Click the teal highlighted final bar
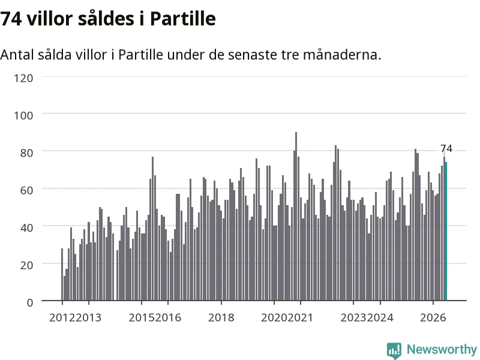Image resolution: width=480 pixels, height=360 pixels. point(446,231)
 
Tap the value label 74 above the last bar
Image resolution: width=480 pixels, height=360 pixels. point(446,148)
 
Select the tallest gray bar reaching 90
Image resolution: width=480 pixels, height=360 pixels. point(296,216)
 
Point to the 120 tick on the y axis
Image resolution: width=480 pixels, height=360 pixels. point(23,78)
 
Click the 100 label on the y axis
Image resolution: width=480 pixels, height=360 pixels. point(23,115)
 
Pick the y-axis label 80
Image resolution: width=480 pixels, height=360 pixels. point(26,153)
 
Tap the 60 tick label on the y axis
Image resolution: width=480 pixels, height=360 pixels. point(26,190)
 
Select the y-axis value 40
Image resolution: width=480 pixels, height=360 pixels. point(26,227)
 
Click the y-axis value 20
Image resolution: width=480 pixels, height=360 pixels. point(26,265)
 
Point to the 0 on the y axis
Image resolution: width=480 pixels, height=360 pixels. point(30,302)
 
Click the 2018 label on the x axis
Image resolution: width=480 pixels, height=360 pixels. point(221,317)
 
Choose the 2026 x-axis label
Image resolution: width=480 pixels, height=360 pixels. point(433,317)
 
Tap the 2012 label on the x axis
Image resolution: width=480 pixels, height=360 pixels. point(62,317)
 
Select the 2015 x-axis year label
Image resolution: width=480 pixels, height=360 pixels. point(142,317)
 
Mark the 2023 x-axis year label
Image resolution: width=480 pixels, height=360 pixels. point(353,317)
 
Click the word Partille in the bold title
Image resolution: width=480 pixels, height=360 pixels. point(183,19)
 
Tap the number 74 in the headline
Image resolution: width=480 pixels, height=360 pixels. point(11,19)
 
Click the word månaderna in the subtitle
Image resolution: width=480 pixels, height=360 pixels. point(342,55)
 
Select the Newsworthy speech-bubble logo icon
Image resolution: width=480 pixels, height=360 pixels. point(394,350)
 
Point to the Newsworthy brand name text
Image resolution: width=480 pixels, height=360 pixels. point(442,349)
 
